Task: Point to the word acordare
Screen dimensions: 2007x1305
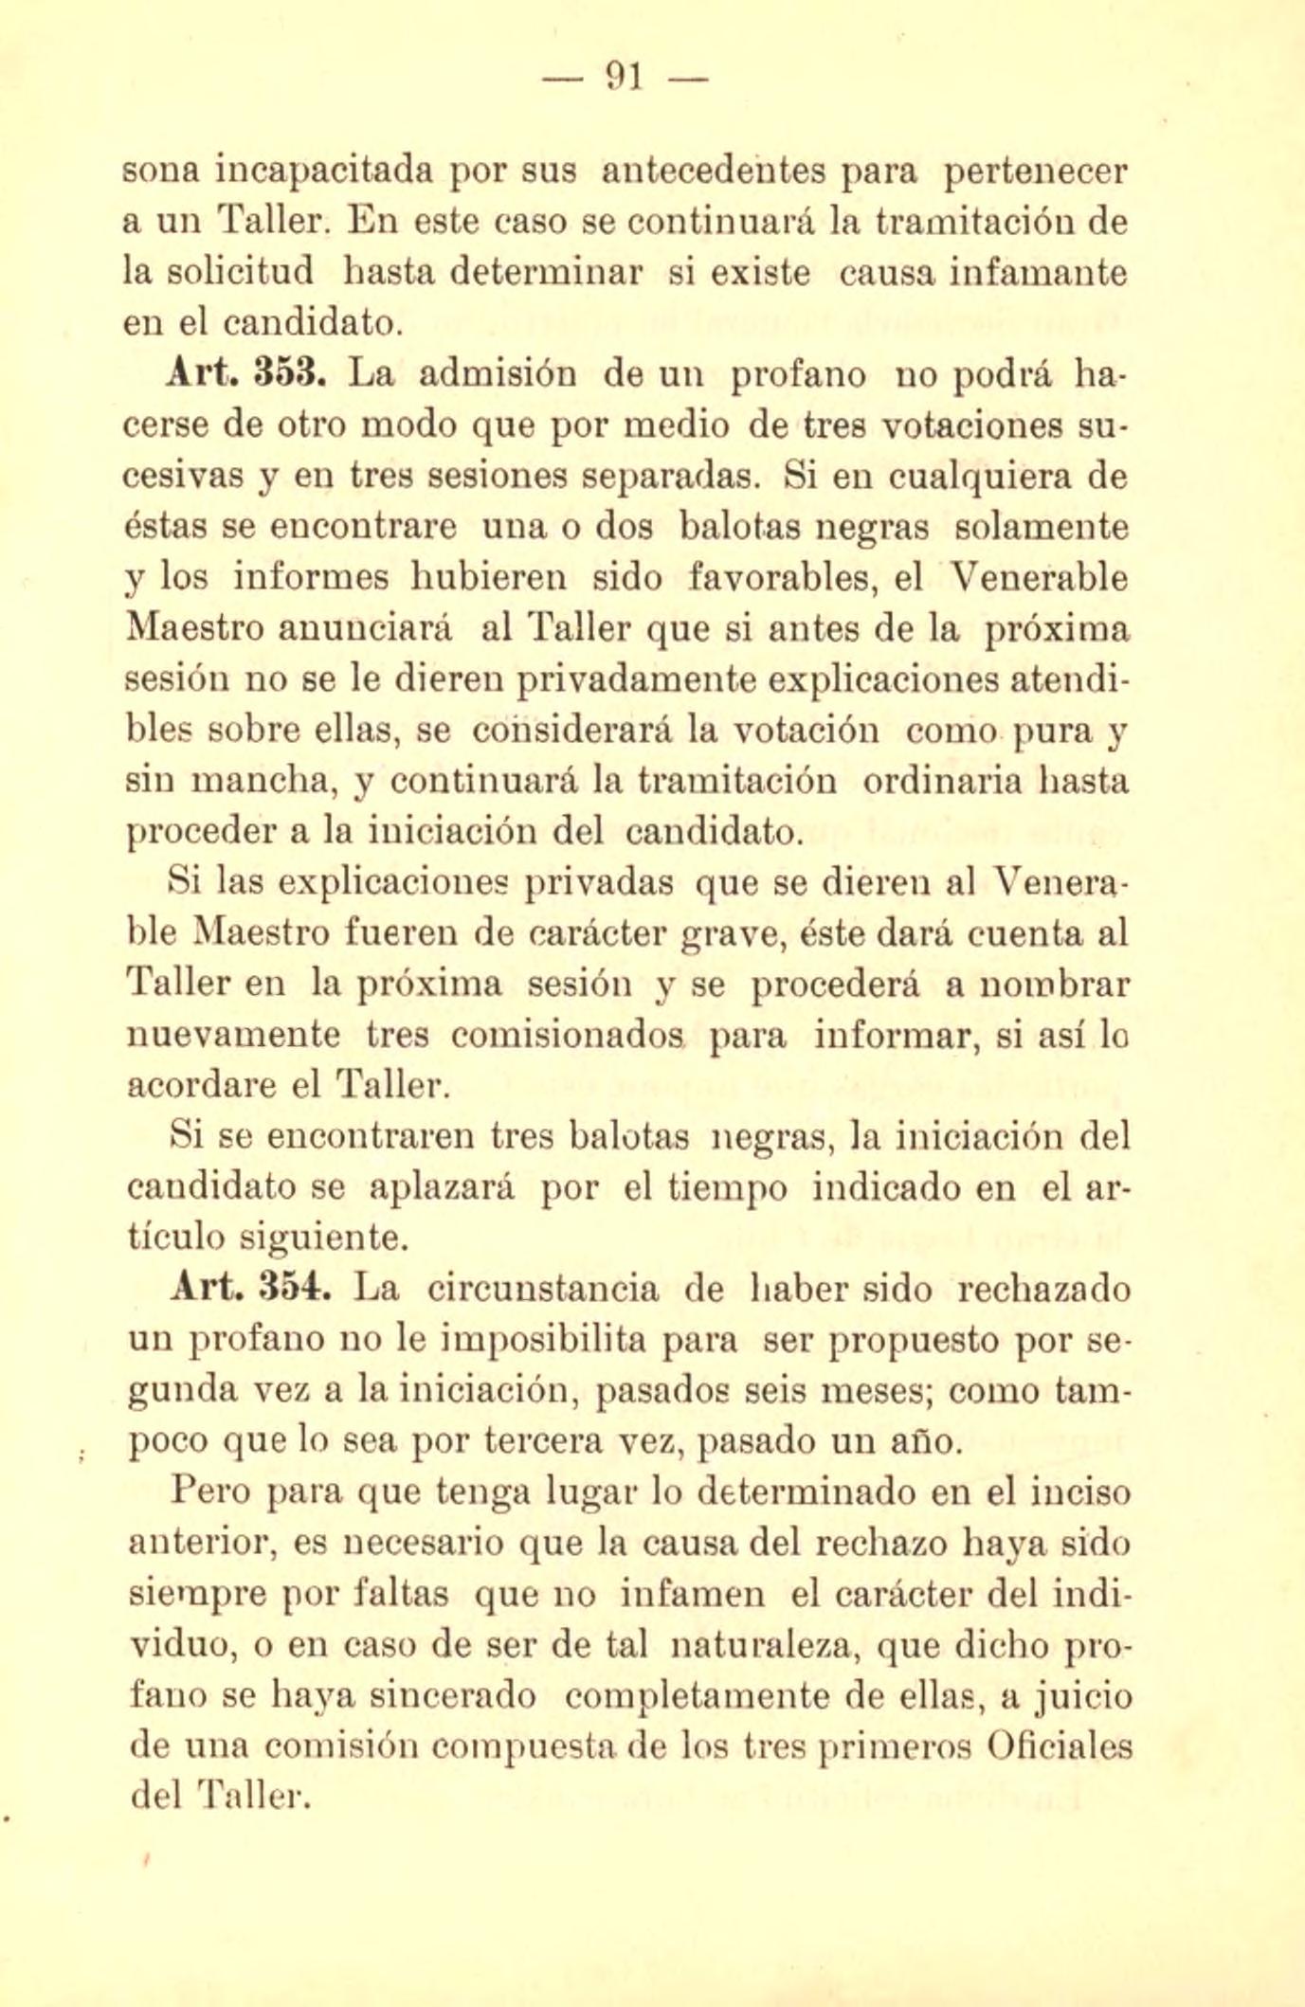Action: coord(201,1086)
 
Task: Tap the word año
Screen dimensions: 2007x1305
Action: coord(933,1443)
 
